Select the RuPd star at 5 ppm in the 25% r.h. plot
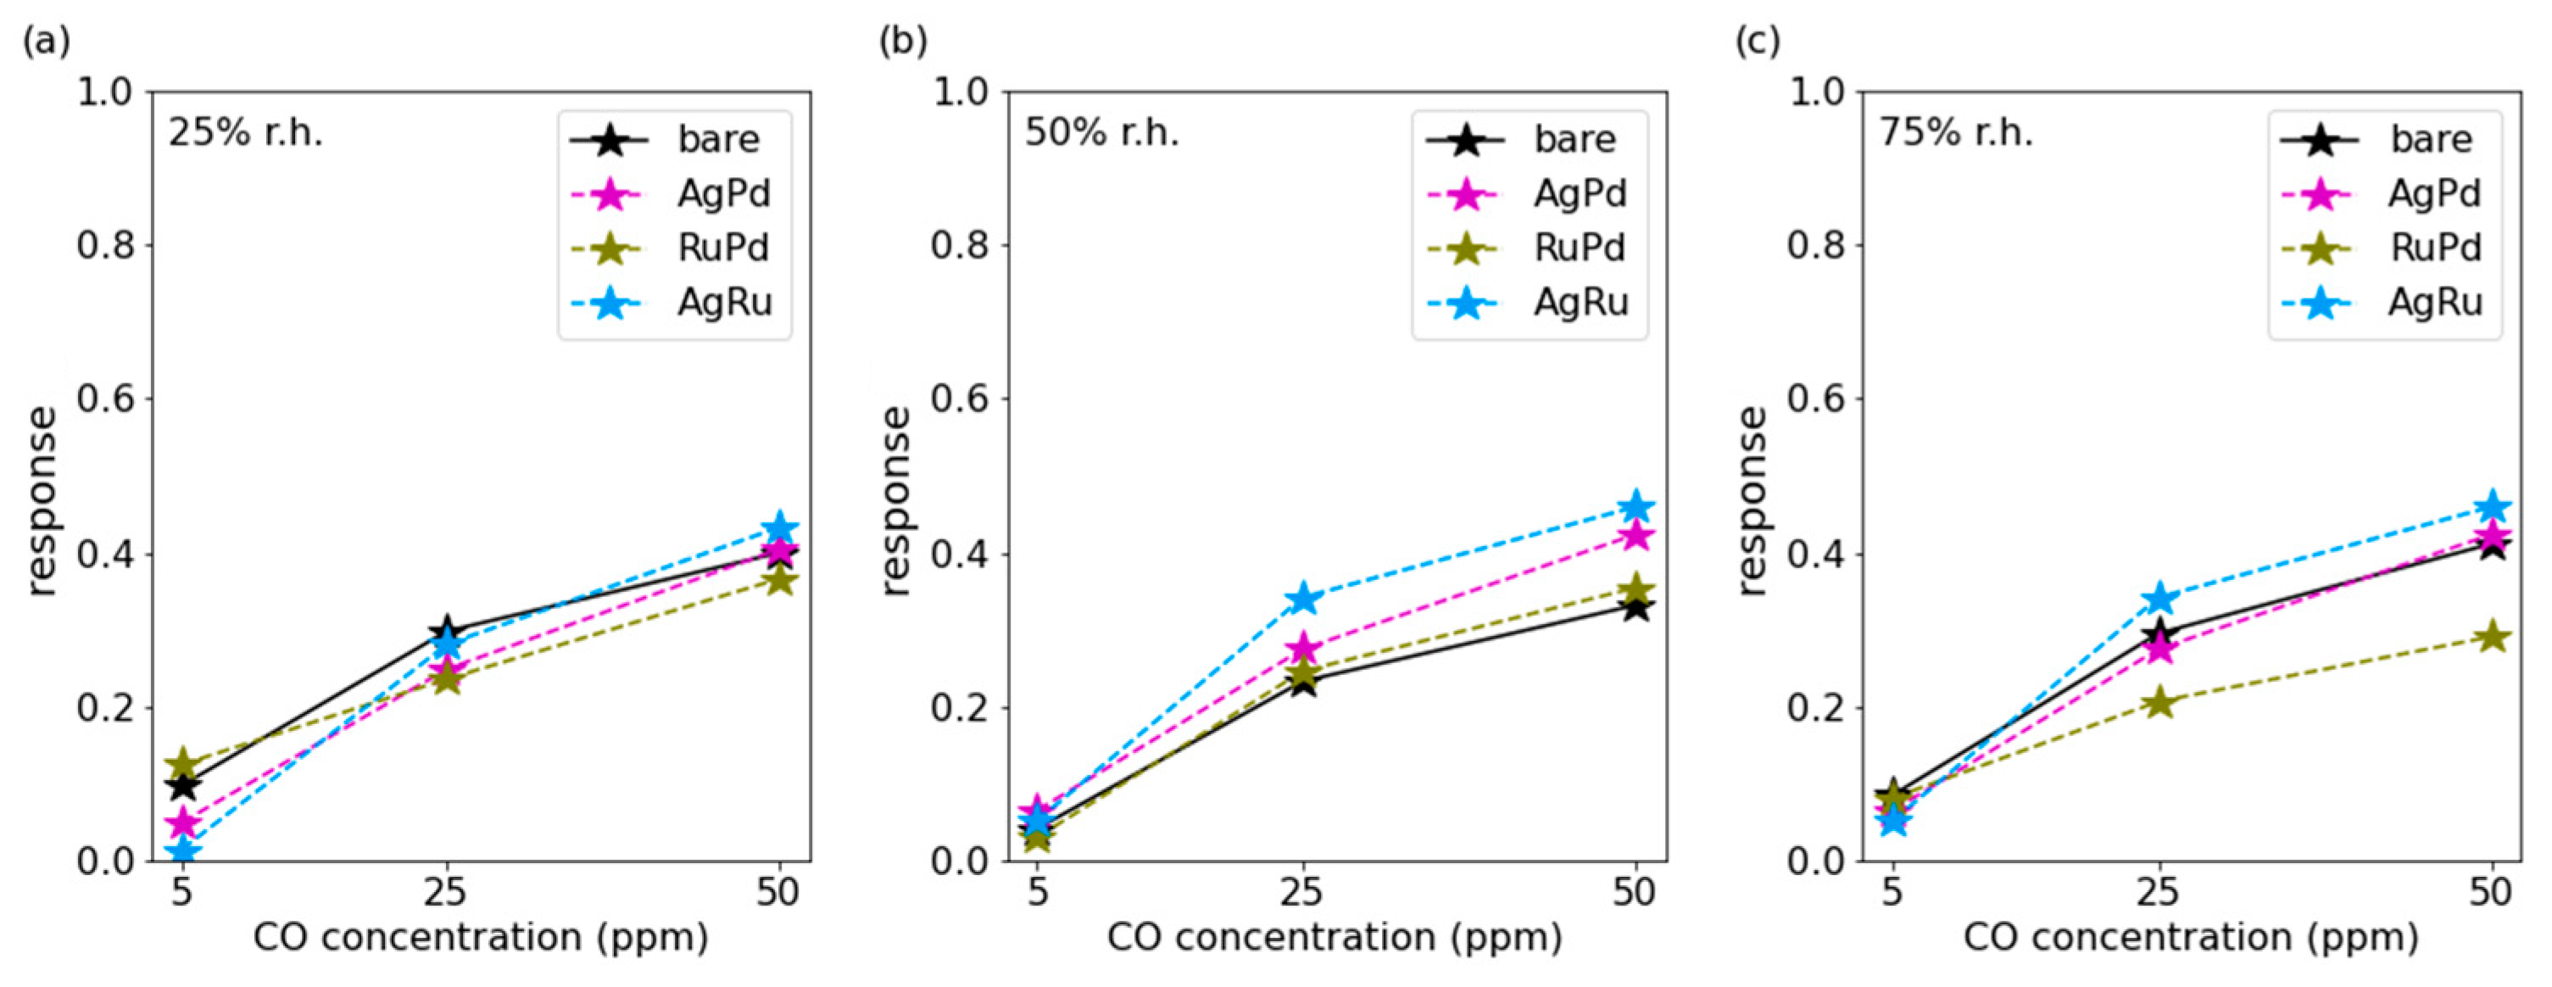point(182,764)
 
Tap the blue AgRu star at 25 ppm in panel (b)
point(1304,599)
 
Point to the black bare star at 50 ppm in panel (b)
point(1635,606)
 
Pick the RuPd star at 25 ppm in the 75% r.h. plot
point(2160,704)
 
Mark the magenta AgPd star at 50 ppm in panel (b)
point(1635,536)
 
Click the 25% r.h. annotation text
point(246,131)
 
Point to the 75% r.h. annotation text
point(1957,131)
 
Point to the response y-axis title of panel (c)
point(1752,500)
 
